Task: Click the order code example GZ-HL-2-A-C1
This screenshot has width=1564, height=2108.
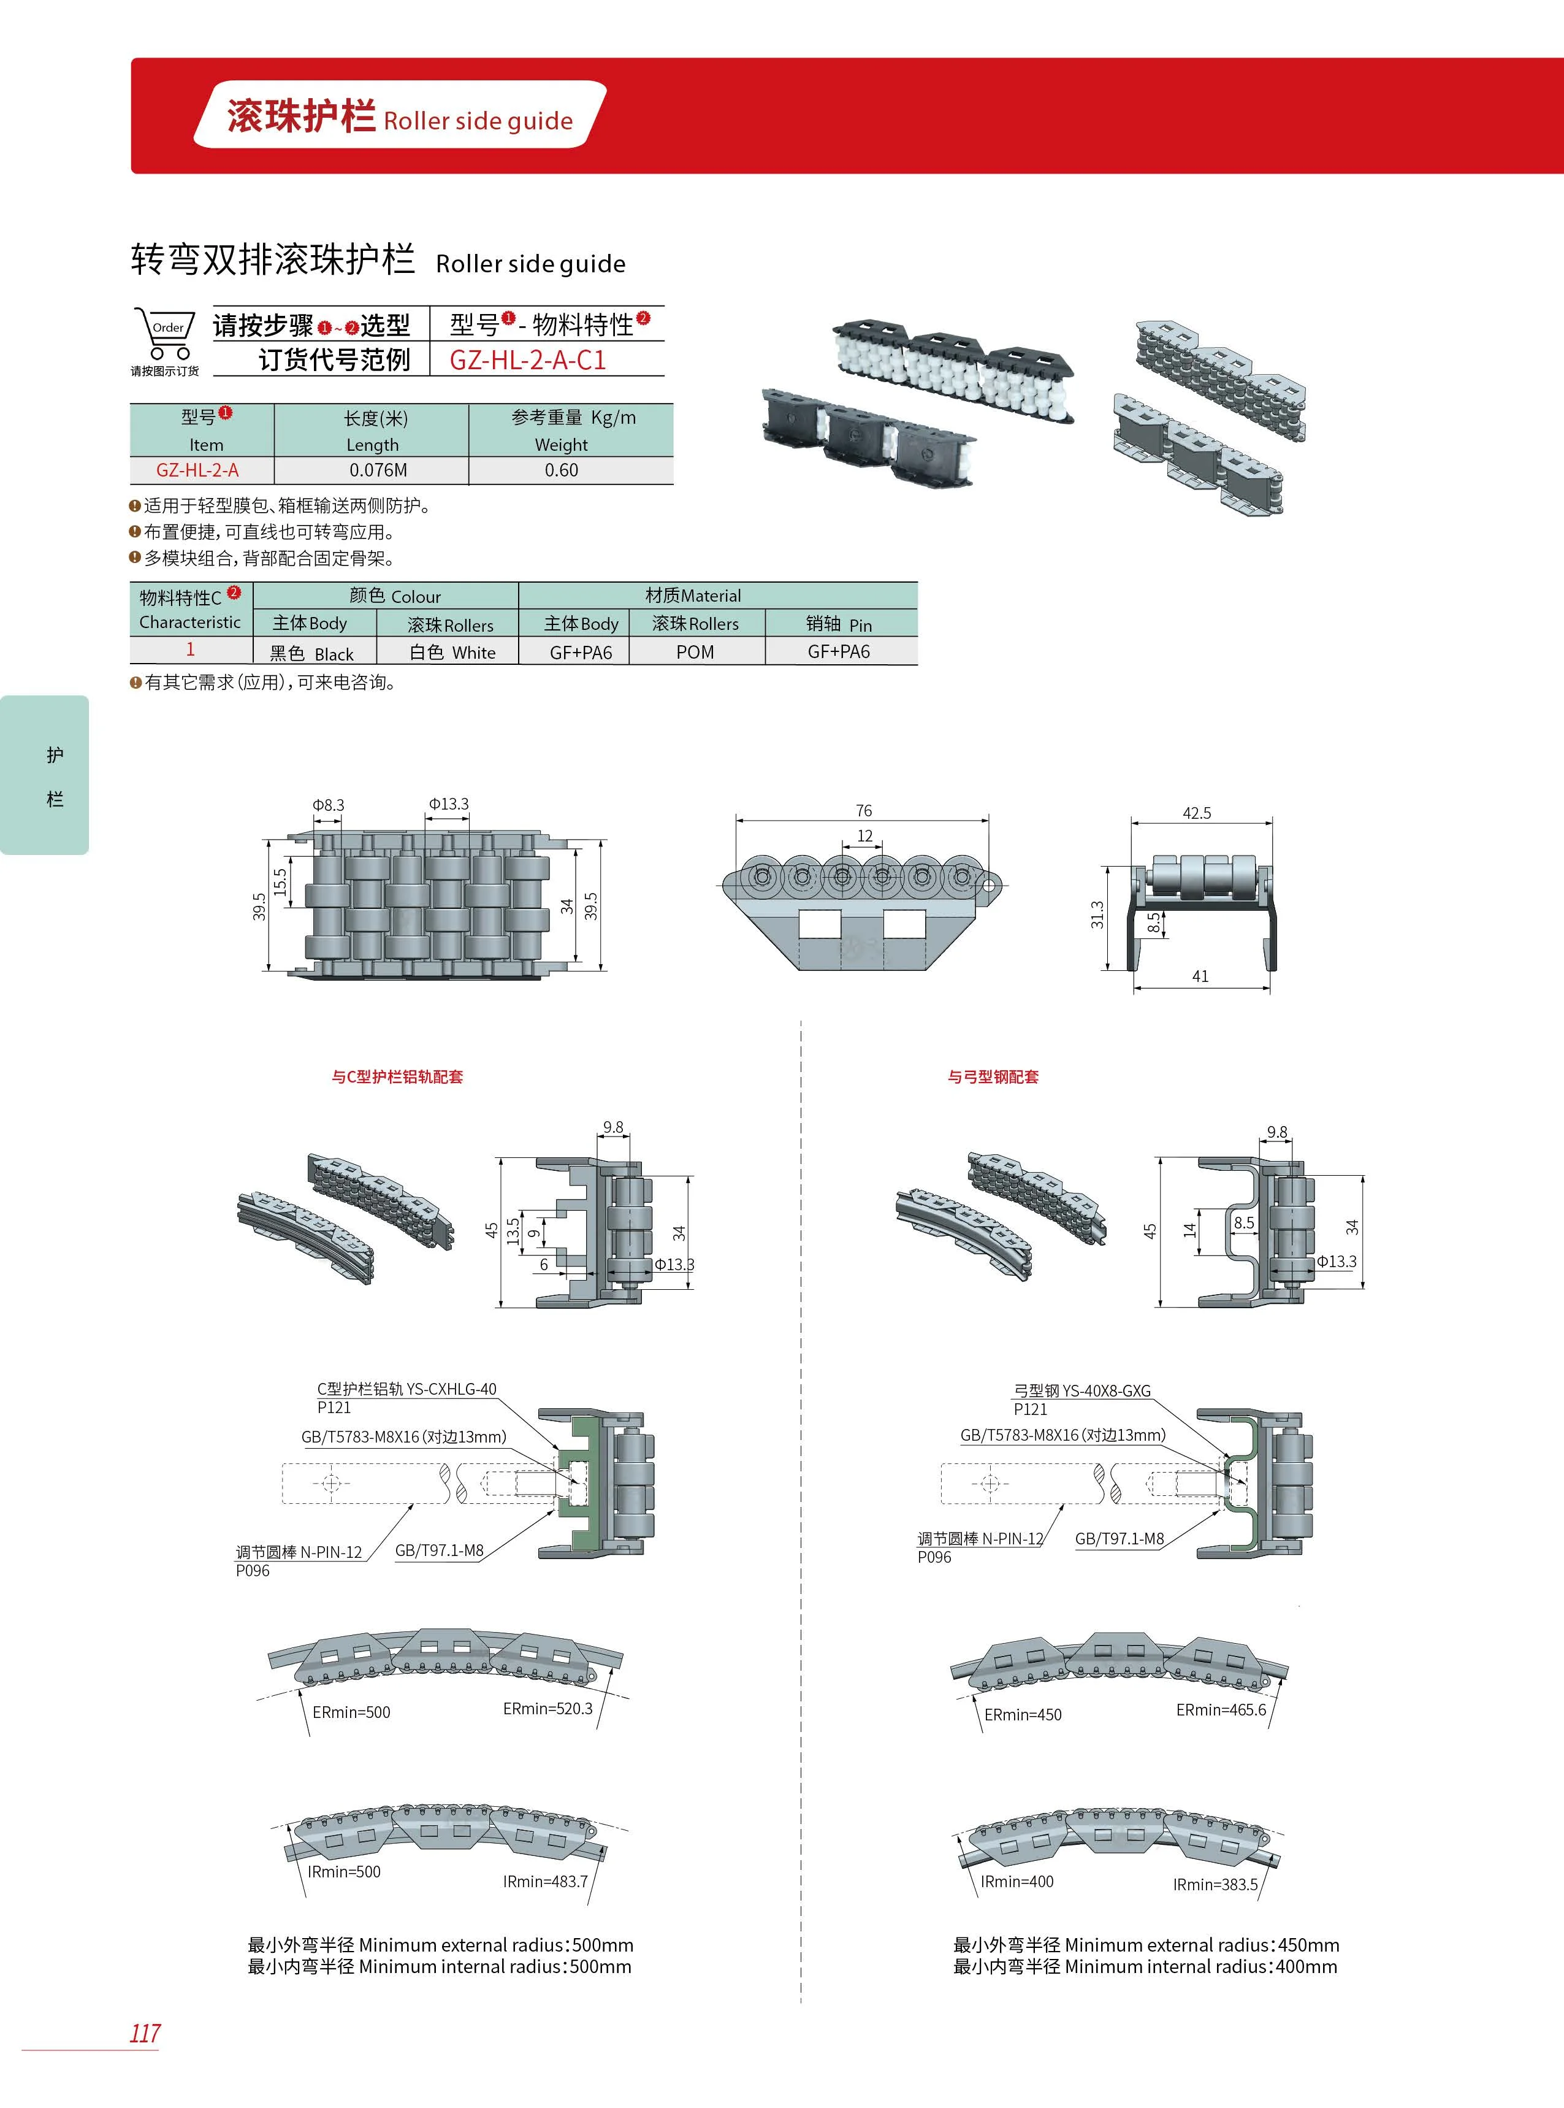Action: point(527,360)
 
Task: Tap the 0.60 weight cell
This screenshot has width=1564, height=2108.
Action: point(562,470)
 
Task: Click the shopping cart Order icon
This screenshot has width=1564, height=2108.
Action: point(165,335)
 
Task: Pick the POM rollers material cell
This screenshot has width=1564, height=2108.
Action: point(695,651)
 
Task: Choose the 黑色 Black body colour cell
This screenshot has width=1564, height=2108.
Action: point(311,653)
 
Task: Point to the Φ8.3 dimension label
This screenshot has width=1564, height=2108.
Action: point(329,805)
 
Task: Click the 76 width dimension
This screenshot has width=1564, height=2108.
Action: point(863,811)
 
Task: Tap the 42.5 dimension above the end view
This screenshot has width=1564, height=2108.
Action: point(1197,813)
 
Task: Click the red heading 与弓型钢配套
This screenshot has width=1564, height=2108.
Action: point(993,1077)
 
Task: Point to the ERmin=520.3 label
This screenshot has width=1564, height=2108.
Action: point(547,1708)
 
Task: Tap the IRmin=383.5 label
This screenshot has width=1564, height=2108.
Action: point(1216,1885)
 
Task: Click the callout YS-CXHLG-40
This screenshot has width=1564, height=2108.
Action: point(406,1389)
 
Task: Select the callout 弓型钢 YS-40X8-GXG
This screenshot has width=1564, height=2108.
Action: point(1082,1391)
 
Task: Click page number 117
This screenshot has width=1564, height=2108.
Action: point(145,2033)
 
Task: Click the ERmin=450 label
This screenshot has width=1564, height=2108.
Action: point(1023,1715)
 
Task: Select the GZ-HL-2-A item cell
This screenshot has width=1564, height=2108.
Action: point(198,470)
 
